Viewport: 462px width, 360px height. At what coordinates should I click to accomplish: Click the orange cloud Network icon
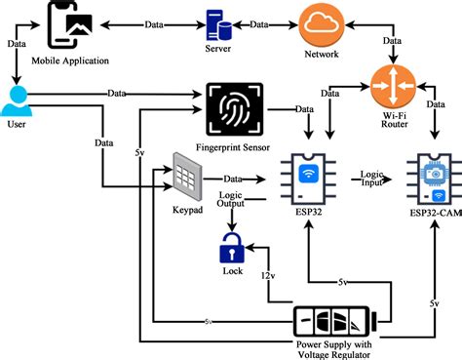(x=320, y=23)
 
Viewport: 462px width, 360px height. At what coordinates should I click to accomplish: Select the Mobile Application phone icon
(x=68, y=26)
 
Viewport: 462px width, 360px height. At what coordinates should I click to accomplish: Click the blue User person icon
(x=17, y=101)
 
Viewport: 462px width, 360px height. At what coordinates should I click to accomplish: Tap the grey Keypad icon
(x=187, y=177)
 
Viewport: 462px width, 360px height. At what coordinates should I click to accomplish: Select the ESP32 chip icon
(x=308, y=178)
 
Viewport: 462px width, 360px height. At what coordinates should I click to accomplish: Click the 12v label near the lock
(x=269, y=278)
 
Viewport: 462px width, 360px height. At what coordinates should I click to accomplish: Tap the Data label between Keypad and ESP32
(x=233, y=179)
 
